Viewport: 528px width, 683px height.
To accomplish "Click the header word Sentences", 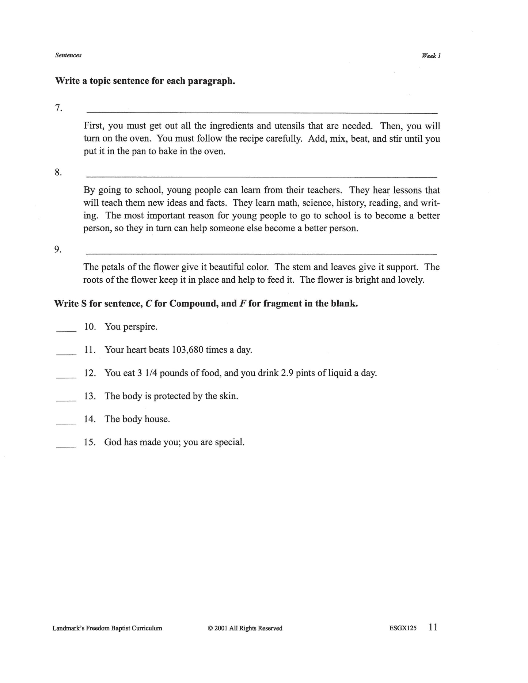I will click(x=68, y=55).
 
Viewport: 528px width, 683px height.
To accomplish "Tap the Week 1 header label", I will click(x=431, y=56).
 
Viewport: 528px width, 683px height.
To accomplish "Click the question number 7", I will click(x=58, y=108).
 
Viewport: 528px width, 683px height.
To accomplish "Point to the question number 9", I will click(x=58, y=249).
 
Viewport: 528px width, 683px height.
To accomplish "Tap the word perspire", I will click(x=140, y=327).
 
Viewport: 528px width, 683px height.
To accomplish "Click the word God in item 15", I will click(x=113, y=442).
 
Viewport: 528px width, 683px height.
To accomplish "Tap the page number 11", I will click(x=433, y=627).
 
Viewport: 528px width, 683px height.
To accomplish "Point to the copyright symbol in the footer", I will click(x=210, y=628).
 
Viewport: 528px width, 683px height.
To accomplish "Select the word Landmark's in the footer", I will click(x=68, y=628).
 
